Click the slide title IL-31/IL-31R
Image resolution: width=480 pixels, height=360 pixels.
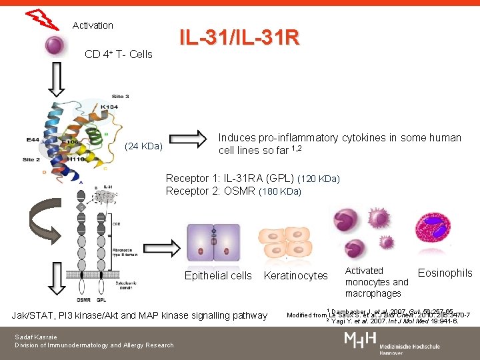coord(239,38)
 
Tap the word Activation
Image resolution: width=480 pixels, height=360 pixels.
coord(93,25)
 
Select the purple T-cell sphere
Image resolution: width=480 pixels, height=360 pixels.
coord(54,46)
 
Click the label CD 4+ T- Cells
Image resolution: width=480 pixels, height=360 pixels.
coord(119,54)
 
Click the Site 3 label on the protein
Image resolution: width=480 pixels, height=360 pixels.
coord(120,97)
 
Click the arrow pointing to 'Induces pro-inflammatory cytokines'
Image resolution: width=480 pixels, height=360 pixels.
coord(193,141)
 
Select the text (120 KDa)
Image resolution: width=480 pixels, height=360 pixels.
coord(319,179)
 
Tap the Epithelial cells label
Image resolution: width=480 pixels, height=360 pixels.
coord(218,275)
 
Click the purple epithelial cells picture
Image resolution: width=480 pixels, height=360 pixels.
coord(213,242)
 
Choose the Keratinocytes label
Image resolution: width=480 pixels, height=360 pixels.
coord(296,275)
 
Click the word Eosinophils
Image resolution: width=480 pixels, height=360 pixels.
coord(445,273)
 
